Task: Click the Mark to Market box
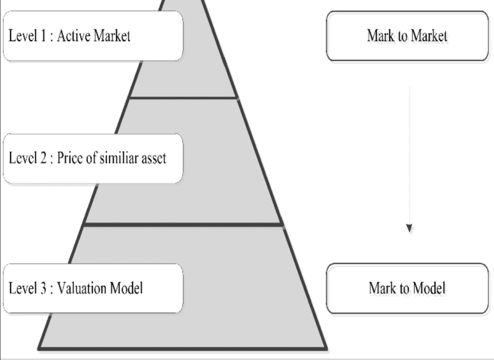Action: [x=407, y=36]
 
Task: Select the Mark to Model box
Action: [x=407, y=288]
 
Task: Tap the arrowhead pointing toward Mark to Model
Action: [x=409, y=228]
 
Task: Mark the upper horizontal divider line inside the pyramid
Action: [x=183, y=97]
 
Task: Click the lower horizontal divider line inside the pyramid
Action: [x=183, y=224]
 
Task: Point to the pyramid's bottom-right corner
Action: [x=326, y=349]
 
